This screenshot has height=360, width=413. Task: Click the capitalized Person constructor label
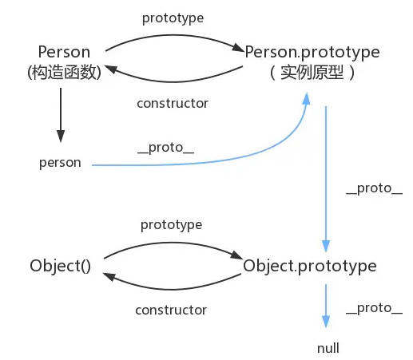tap(64, 52)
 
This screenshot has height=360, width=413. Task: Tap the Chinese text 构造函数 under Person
tap(64, 72)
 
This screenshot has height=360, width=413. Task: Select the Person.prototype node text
tap(312, 53)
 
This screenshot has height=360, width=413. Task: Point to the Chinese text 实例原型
tap(312, 73)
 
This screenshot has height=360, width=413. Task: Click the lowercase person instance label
tap(60, 163)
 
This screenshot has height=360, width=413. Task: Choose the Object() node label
tap(61, 266)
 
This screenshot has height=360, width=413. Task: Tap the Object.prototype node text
tap(310, 267)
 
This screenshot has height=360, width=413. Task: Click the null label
tap(328, 348)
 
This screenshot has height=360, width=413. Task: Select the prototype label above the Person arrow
tap(173, 18)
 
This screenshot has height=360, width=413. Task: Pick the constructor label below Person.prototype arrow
tap(173, 103)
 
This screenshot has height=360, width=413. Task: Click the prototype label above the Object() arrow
tap(172, 225)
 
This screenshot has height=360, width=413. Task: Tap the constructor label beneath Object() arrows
tap(171, 310)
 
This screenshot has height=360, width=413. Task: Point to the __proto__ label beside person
tap(165, 148)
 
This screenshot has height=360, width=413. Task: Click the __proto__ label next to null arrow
tap(374, 309)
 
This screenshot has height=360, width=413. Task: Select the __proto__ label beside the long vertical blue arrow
tap(374, 188)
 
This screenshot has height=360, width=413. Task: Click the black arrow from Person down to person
tap(61, 115)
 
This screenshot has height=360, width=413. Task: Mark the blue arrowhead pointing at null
tap(326, 322)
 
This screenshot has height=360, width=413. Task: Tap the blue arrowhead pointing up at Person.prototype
tap(306, 98)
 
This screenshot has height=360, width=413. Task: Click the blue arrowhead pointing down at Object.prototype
tap(326, 246)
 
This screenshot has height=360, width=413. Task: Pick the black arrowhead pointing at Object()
tap(109, 276)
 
